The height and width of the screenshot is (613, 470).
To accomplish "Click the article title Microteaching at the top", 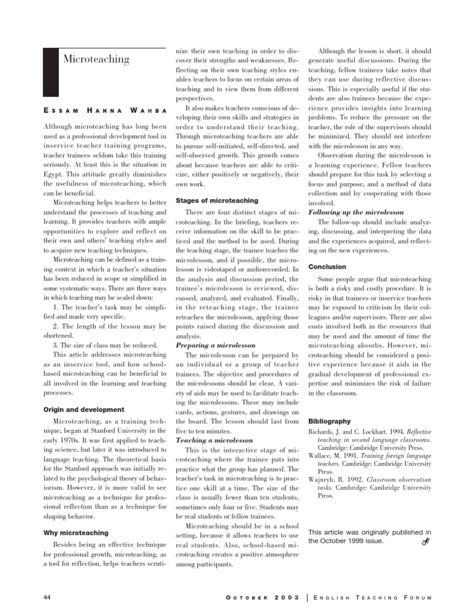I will [96, 59].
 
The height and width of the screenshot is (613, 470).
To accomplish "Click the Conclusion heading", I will [327, 267].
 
